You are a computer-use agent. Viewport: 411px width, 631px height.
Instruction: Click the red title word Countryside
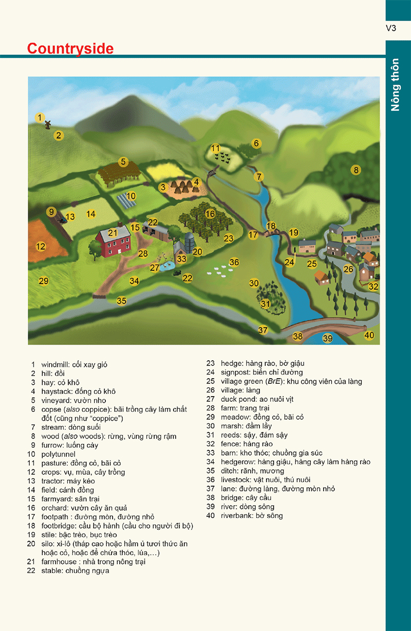click(70, 48)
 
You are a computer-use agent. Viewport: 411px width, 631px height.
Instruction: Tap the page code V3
click(391, 29)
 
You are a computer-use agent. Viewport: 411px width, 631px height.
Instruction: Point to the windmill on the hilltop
click(47, 124)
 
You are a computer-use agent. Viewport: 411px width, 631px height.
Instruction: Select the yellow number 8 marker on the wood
click(356, 170)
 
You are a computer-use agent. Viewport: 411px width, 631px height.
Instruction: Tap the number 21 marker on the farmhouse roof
click(113, 232)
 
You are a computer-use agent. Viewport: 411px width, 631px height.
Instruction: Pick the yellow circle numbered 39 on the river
click(328, 338)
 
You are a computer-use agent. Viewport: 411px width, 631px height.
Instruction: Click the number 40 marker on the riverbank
click(369, 335)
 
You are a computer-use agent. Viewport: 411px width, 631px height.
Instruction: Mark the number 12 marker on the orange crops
click(41, 247)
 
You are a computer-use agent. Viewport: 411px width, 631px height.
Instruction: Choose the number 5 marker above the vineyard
click(123, 162)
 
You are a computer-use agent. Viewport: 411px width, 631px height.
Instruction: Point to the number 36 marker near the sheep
click(234, 262)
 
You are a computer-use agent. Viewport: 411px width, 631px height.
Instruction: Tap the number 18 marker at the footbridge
click(271, 226)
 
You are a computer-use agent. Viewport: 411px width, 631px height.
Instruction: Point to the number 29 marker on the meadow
click(44, 281)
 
